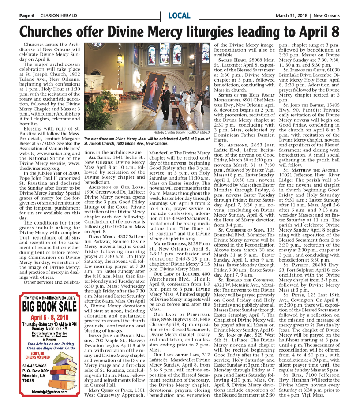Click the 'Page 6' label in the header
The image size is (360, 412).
(27, 16)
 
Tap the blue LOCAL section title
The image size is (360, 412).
(180, 16)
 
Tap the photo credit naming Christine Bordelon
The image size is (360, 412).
(181, 132)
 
